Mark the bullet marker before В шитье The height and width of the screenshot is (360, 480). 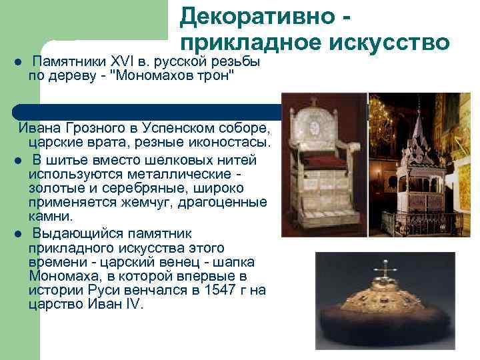(x=19, y=160)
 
